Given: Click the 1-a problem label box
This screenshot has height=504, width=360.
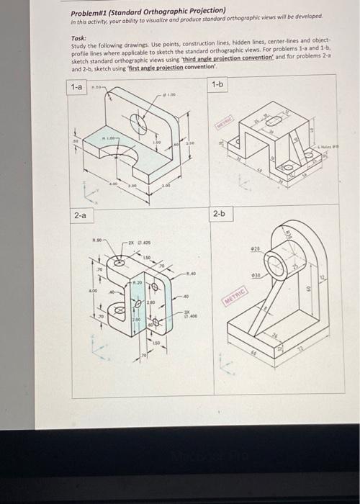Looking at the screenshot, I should click(76, 86).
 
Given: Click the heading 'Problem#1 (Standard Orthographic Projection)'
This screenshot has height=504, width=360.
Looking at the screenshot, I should click(148, 12).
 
